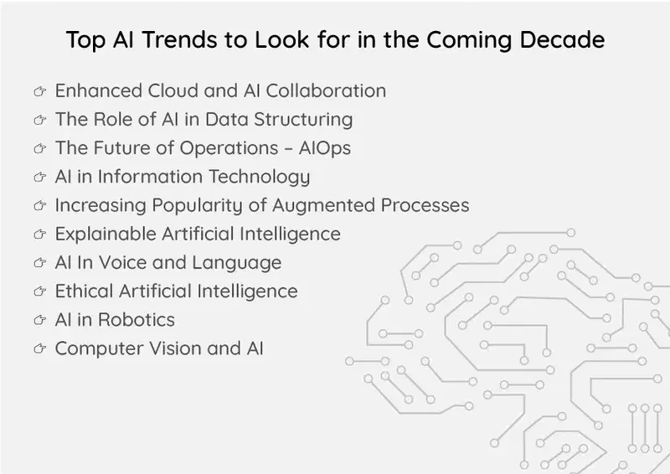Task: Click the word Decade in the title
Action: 562,39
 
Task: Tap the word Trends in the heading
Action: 179,39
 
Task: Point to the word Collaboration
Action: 326,90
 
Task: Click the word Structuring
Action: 303,120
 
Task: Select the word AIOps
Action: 325,149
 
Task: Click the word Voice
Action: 121,262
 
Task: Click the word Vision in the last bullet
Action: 175,348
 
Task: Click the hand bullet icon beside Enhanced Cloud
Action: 39,91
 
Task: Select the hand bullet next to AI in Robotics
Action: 39,320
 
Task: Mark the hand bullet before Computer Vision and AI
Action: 39,348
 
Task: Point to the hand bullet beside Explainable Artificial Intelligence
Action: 39,234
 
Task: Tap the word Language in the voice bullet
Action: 237,263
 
